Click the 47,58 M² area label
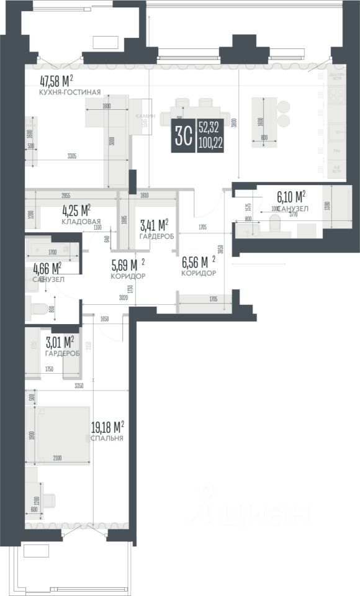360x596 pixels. click(56, 80)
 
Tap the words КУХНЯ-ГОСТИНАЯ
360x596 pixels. click(70, 92)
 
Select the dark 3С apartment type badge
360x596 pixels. click(183, 135)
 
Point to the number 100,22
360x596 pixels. click(210, 143)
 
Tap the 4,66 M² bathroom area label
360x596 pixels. click(47, 268)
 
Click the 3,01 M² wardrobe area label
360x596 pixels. click(60, 341)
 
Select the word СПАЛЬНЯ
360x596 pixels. click(107, 438)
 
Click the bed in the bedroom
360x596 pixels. click(61, 431)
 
